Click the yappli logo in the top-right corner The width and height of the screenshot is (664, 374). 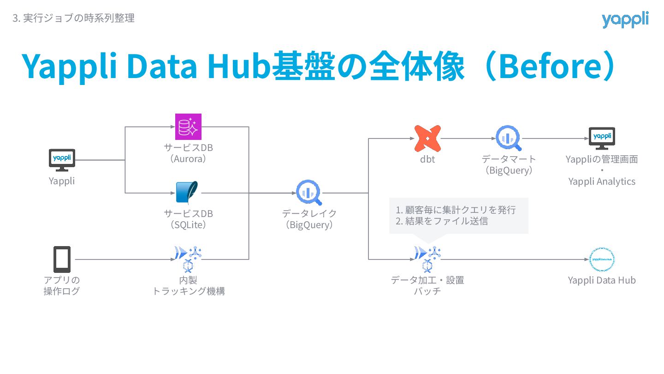(x=625, y=19)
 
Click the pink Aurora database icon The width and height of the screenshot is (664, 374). (x=189, y=127)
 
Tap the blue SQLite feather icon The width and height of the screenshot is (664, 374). (x=187, y=193)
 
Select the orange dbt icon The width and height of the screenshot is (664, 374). (x=427, y=138)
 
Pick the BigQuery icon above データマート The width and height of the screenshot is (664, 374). (x=508, y=138)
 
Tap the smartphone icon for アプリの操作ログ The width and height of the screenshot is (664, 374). (x=62, y=259)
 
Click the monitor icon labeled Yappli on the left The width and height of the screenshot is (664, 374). (x=62, y=160)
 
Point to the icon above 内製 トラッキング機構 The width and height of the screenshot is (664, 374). (x=189, y=258)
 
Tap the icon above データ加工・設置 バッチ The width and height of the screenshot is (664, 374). (x=427, y=258)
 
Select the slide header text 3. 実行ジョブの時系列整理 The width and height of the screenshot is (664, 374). (x=74, y=18)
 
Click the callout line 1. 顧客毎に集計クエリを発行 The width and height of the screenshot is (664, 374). (x=456, y=210)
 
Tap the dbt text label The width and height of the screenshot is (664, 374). (x=427, y=159)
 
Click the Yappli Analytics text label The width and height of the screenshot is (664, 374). (x=602, y=181)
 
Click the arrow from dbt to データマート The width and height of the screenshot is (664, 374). (x=468, y=138)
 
